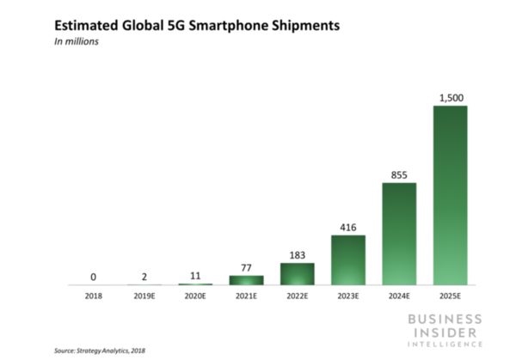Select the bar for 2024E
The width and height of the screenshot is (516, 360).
(x=399, y=234)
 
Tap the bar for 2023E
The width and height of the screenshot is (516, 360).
(x=348, y=259)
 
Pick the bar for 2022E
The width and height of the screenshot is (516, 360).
(x=298, y=274)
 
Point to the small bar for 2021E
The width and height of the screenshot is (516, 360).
(x=246, y=280)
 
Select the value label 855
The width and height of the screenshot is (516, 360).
(x=399, y=174)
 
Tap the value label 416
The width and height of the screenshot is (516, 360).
(x=348, y=226)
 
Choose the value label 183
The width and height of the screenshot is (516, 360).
(x=298, y=254)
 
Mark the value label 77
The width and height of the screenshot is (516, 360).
(x=246, y=267)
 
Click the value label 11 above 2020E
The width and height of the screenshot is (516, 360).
(x=195, y=275)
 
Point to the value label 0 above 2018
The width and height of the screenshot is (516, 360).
(x=93, y=276)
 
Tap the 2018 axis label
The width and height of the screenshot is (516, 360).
(x=93, y=296)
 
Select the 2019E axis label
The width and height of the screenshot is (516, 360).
(x=144, y=296)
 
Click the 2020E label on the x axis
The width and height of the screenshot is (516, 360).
(x=195, y=296)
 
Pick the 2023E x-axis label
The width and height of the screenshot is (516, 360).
(x=348, y=296)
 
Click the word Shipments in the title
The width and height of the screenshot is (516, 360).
(x=301, y=25)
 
